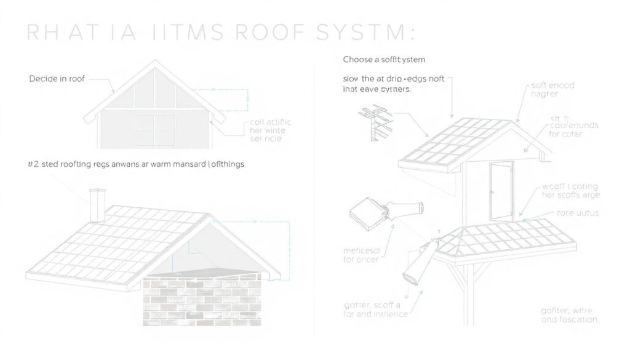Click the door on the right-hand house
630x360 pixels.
[501, 191]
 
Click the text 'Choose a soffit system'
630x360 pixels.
[384, 60]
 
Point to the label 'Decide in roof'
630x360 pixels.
[57, 79]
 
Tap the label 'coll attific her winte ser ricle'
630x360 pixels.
[271, 131]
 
